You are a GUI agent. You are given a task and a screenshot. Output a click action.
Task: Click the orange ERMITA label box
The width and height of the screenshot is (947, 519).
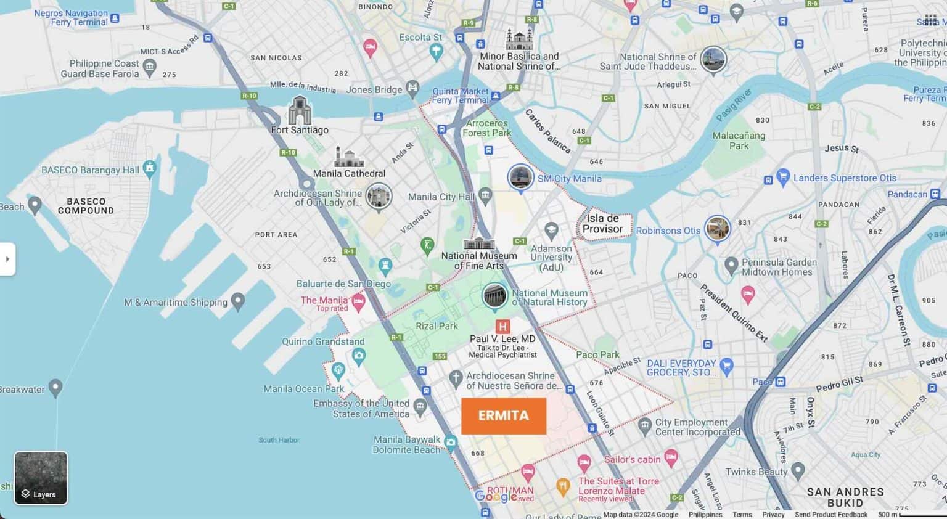point(503,415)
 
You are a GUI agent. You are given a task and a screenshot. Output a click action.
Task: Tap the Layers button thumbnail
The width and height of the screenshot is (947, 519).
point(41,478)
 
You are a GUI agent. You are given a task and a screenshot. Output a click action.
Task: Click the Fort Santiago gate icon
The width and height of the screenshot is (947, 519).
point(300,110)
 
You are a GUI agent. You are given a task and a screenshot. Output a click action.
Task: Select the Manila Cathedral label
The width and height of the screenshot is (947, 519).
point(349,173)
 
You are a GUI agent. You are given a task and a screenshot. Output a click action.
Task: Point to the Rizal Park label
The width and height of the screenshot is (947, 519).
point(437,326)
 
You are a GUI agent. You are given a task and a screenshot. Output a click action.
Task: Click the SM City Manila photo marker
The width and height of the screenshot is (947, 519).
point(520,178)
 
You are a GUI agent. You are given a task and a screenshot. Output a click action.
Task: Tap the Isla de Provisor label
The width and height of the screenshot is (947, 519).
point(602,224)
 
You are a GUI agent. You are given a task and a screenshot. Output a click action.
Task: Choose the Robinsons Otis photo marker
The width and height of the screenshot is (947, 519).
point(717,229)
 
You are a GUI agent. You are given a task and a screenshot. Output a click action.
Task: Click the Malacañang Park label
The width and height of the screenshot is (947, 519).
point(739,141)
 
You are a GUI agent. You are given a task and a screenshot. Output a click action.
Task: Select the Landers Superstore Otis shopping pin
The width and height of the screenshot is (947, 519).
point(783,177)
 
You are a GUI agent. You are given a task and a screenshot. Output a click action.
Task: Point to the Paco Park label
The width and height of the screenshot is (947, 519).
point(597,354)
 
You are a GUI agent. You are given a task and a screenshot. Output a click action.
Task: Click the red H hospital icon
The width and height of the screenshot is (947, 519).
point(502,327)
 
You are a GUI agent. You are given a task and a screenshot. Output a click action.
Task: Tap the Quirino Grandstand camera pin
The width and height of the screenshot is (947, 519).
point(359,355)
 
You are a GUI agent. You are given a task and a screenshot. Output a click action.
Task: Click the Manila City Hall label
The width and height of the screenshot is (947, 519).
point(440,197)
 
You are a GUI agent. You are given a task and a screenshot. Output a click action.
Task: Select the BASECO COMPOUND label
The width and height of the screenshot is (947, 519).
point(86,206)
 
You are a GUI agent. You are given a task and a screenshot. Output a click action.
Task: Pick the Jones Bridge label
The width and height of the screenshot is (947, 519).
point(374,89)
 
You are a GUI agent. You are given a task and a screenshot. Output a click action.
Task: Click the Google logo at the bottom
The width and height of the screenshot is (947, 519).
point(496,496)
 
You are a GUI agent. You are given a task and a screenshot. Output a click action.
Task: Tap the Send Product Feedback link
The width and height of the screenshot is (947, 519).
point(830,514)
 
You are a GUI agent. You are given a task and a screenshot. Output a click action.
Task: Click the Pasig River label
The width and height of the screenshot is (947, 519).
point(733,105)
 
